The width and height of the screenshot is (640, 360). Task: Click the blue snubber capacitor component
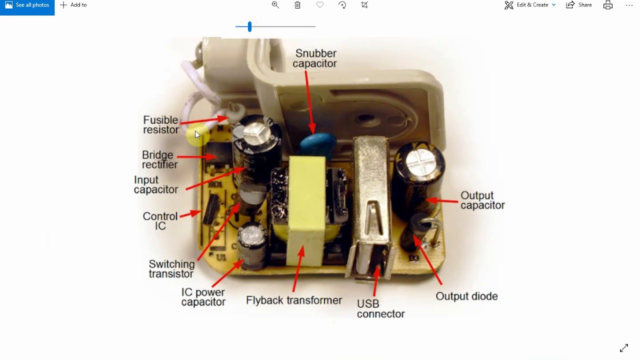[318, 144]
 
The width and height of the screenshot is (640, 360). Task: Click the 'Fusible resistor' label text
[161, 125]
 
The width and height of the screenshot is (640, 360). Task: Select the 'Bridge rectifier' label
[159, 159]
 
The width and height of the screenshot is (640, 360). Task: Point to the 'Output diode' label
[466, 296]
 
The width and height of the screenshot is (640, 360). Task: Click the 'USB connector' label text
[380, 309]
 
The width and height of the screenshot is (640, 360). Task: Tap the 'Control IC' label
[160, 221]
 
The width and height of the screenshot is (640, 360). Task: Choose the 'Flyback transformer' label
[294, 300]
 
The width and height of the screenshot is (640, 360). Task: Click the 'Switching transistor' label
[171, 269]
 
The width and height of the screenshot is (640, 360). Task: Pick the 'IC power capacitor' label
[203, 297]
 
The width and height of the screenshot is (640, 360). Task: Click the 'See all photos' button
[27, 5]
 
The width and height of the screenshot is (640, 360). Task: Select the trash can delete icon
[297, 5]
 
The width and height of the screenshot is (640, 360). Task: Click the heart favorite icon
[319, 5]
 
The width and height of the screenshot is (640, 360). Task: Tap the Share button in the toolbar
[579, 5]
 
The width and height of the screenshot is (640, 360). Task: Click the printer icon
[607, 5]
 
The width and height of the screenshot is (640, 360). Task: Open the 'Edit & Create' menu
[530, 5]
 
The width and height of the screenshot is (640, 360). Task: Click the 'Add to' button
[73, 5]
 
